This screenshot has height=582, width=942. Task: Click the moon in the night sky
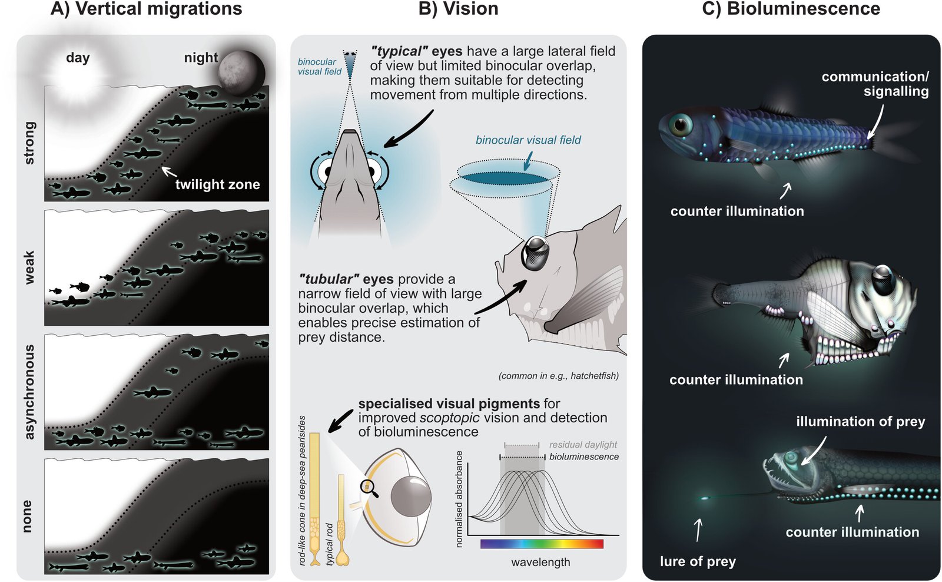click(241, 72)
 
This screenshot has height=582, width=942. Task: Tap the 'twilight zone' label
click(217, 184)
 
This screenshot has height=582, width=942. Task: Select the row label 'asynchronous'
click(29, 392)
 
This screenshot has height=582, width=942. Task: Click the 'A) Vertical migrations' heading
click(146, 9)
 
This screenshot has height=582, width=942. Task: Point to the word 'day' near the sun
click(78, 58)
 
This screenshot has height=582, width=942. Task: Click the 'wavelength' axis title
click(540, 562)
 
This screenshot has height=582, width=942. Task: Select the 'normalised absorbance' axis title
click(460, 498)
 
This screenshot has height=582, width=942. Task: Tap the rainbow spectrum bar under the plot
click(542, 544)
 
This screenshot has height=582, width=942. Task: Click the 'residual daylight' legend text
click(583, 445)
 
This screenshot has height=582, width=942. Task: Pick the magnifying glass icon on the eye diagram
click(369, 487)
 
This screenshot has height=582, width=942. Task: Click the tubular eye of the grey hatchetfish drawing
click(535, 253)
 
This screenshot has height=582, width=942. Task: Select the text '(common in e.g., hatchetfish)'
click(558, 376)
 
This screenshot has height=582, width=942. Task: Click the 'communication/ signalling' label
click(875, 84)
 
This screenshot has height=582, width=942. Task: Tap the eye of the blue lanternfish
click(682, 124)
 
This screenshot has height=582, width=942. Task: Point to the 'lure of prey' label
click(698, 561)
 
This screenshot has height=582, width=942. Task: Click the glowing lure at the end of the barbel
click(705, 498)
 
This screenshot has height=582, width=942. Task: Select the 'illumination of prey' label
click(860, 422)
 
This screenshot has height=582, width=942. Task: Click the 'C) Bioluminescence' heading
click(791, 9)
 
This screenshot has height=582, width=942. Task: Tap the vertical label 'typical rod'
click(330, 544)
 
